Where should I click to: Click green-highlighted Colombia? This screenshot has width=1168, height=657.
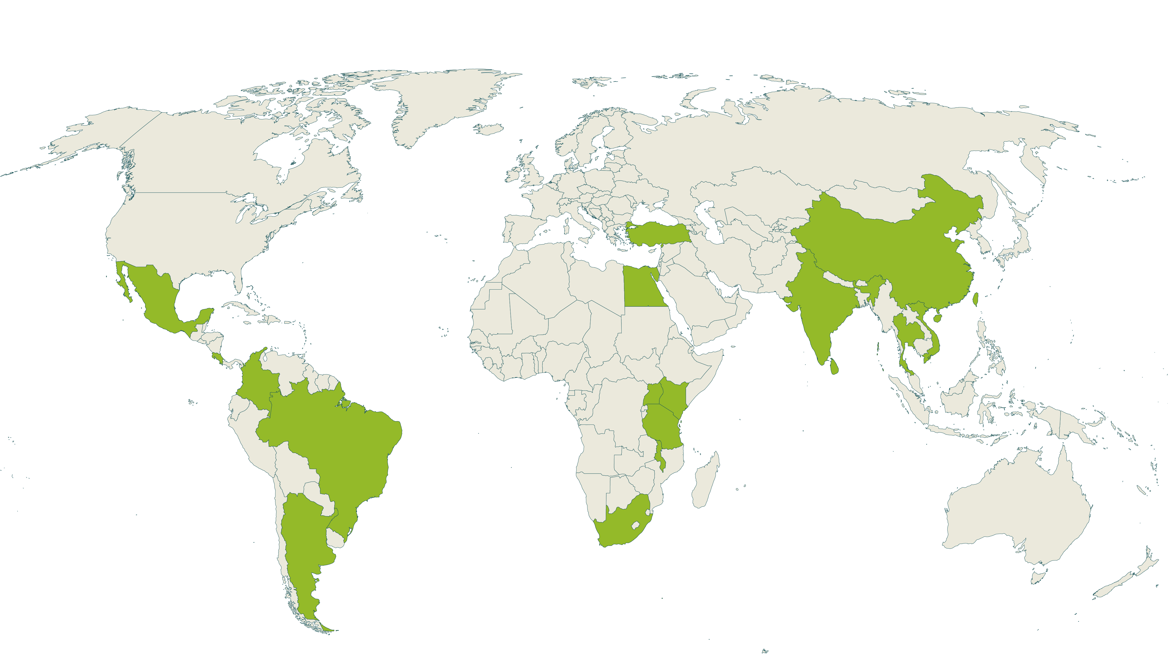(x=256, y=381)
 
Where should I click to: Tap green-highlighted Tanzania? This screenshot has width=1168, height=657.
(x=662, y=426)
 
